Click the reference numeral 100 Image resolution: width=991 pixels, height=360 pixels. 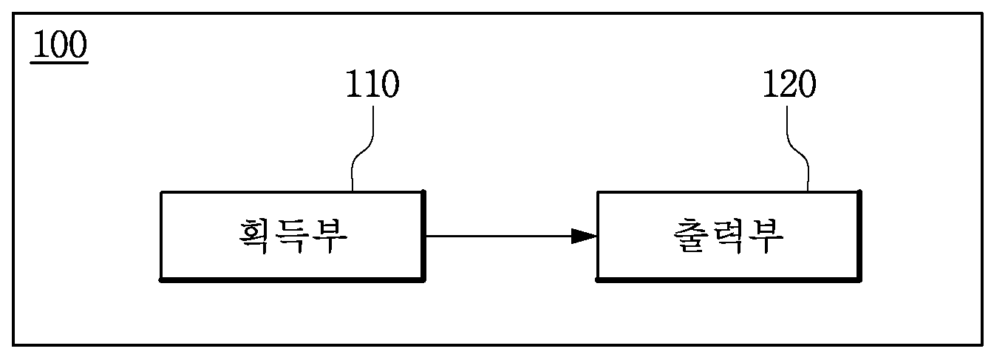61,44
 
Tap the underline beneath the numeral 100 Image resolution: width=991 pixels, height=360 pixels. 59,64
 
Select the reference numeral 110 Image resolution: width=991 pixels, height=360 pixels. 372,84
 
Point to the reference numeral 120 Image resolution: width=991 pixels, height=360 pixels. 790,84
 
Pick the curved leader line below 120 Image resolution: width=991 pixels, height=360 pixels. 797,149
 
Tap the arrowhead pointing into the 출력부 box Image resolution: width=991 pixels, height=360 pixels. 584,236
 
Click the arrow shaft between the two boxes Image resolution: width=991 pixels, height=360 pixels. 499,236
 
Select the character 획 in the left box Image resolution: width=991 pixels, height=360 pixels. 255,236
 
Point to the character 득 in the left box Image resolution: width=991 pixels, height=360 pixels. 292,236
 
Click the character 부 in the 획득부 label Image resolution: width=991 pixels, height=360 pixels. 330,236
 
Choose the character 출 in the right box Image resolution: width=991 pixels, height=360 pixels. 689,236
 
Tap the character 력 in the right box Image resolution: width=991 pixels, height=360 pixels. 727,236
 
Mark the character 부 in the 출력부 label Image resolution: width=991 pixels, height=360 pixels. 766,236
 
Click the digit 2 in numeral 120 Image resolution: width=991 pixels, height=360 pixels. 790,84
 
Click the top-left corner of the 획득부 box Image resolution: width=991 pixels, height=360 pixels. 161,192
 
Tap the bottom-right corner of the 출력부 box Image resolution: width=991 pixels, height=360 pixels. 860,280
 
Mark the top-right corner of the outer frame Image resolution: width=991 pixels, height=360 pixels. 982,14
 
